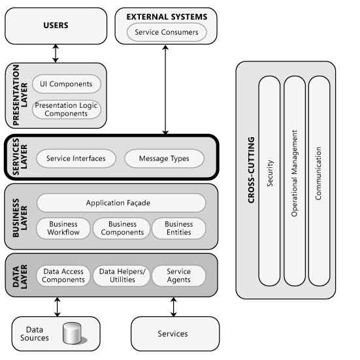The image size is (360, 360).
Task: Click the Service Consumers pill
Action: pyautogui.click(x=167, y=31)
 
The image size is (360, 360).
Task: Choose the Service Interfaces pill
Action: pyautogui.click(x=76, y=158)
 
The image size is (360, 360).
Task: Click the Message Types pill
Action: pyautogui.click(x=163, y=158)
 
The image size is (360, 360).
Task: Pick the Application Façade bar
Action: pyautogui.click(x=121, y=203)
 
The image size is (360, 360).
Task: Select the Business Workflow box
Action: pyautogui.click(x=63, y=228)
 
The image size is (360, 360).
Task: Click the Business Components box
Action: pyautogui.click(x=122, y=228)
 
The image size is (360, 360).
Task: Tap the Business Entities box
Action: pyautogui.click(x=178, y=228)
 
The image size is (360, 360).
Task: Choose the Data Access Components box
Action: pyautogui.click(x=63, y=275)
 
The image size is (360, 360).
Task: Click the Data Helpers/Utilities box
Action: pyautogui.click(x=122, y=275)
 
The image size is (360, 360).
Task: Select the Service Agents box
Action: pyautogui.click(x=178, y=275)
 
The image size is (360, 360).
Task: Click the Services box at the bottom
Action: pyautogui.click(x=172, y=334)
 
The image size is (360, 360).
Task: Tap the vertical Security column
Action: pyautogui.click(x=270, y=180)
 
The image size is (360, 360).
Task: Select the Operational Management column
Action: pyautogui.click(x=295, y=180)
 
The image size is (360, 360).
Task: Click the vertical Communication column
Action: pyautogui.click(x=319, y=180)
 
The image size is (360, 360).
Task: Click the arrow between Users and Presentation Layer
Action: pyautogui.click(x=56, y=54)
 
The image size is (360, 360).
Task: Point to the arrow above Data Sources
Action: pyautogui.click(x=57, y=305)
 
